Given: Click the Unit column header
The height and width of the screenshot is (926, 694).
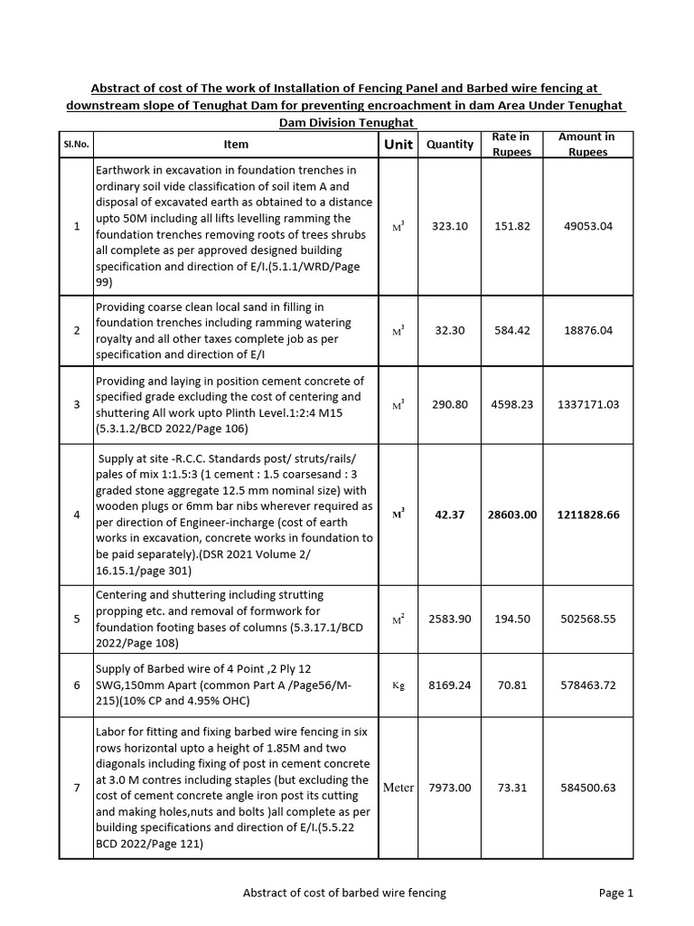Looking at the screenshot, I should coord(398,145).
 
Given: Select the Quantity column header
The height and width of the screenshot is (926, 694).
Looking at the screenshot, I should coord(450,145).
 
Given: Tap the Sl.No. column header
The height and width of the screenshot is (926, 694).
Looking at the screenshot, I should coord(76,145).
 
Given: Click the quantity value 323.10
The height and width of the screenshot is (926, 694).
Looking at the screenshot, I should coord(450,226).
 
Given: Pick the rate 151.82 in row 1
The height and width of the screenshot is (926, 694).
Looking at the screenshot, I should coord(511,226).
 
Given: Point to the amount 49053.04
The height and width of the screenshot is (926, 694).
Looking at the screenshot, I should coord(588,226).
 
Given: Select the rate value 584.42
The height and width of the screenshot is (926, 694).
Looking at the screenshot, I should coord(511,331).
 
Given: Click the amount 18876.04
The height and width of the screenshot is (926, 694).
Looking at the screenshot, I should coord(588,331).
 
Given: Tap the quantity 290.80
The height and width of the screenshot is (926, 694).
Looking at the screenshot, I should coord(450,405).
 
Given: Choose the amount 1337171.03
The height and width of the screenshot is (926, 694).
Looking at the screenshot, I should coord(588,405).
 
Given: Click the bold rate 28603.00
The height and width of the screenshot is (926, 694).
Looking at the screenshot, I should coord(511,515).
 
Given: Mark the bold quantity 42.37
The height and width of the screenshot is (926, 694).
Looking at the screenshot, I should coord(450,515).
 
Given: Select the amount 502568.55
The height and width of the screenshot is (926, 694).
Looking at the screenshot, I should coord(588,619).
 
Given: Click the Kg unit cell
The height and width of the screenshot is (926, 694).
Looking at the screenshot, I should coord(398,685).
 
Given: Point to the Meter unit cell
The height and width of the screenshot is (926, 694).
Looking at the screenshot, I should coord(398,788).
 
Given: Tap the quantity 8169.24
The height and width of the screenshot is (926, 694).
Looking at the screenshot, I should coord(450,685).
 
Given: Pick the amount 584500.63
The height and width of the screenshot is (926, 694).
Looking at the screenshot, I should coord(588,788).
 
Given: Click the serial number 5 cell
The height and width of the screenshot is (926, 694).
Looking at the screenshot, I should coord(76,619).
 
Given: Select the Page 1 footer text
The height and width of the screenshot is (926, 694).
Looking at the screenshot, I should coord(616,893).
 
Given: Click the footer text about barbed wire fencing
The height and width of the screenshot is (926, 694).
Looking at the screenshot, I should coord(344,893).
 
